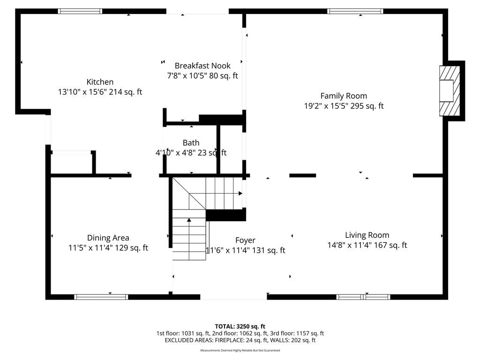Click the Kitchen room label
tap(100, 82)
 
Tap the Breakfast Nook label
tap(202, 66)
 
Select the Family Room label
tap(344, 96)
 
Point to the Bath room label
tap(191, 142)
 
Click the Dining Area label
tap(108, 238)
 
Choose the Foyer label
tap(245, 240)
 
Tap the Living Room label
tap(367, 235)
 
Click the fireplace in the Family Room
tap(450, 90)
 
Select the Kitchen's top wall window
tap(80, 11)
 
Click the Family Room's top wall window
tap(355, 11)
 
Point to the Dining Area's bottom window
tap(101, 297)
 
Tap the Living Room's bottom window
tap(363, 297)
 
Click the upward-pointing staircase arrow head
tap(189, 220)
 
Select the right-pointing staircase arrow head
tap(240, 194)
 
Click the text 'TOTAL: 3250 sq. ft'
tap(240, 326)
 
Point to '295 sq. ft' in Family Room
tap(367, 106)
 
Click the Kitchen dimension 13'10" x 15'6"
tap(82, 92)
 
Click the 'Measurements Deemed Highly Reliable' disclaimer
tap(240, 350)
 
